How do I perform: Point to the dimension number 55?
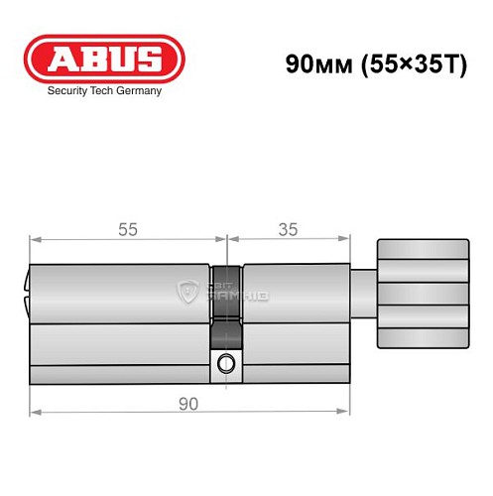pyautogui.click(x=128, y=229)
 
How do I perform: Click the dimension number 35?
pyautogui.click(x=288, y=229)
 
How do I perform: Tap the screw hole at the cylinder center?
pyautogui.click(x=227, y=362)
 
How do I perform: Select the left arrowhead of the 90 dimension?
pyautogui.click(x=34, y=411)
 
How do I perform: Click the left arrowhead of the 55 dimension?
pyautogui.click(x=34, y=238)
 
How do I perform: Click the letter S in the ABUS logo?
pyautogui.click(x=148, y=58)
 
